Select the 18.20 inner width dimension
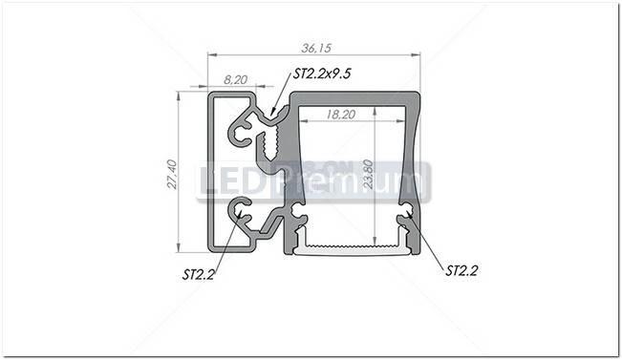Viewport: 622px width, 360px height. (x=339, y=113)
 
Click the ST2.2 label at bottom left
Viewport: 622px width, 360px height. (x=197, y=274)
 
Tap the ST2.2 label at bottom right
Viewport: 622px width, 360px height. (x=461, y=270)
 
